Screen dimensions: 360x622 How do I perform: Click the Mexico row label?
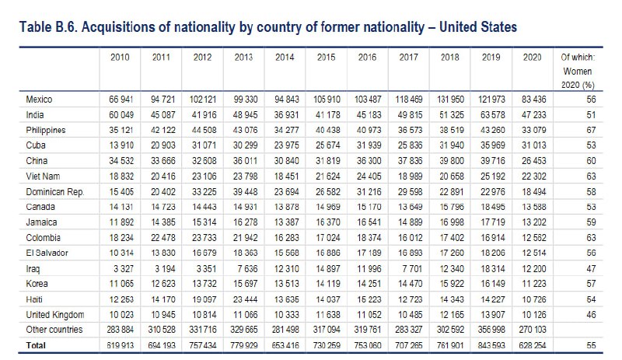40,100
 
